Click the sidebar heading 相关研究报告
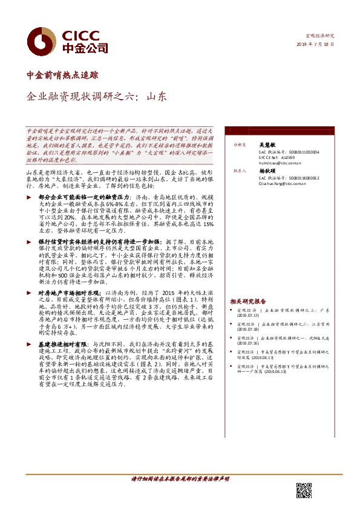coord(248,300)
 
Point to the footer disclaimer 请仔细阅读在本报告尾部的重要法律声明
coord(180,479)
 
